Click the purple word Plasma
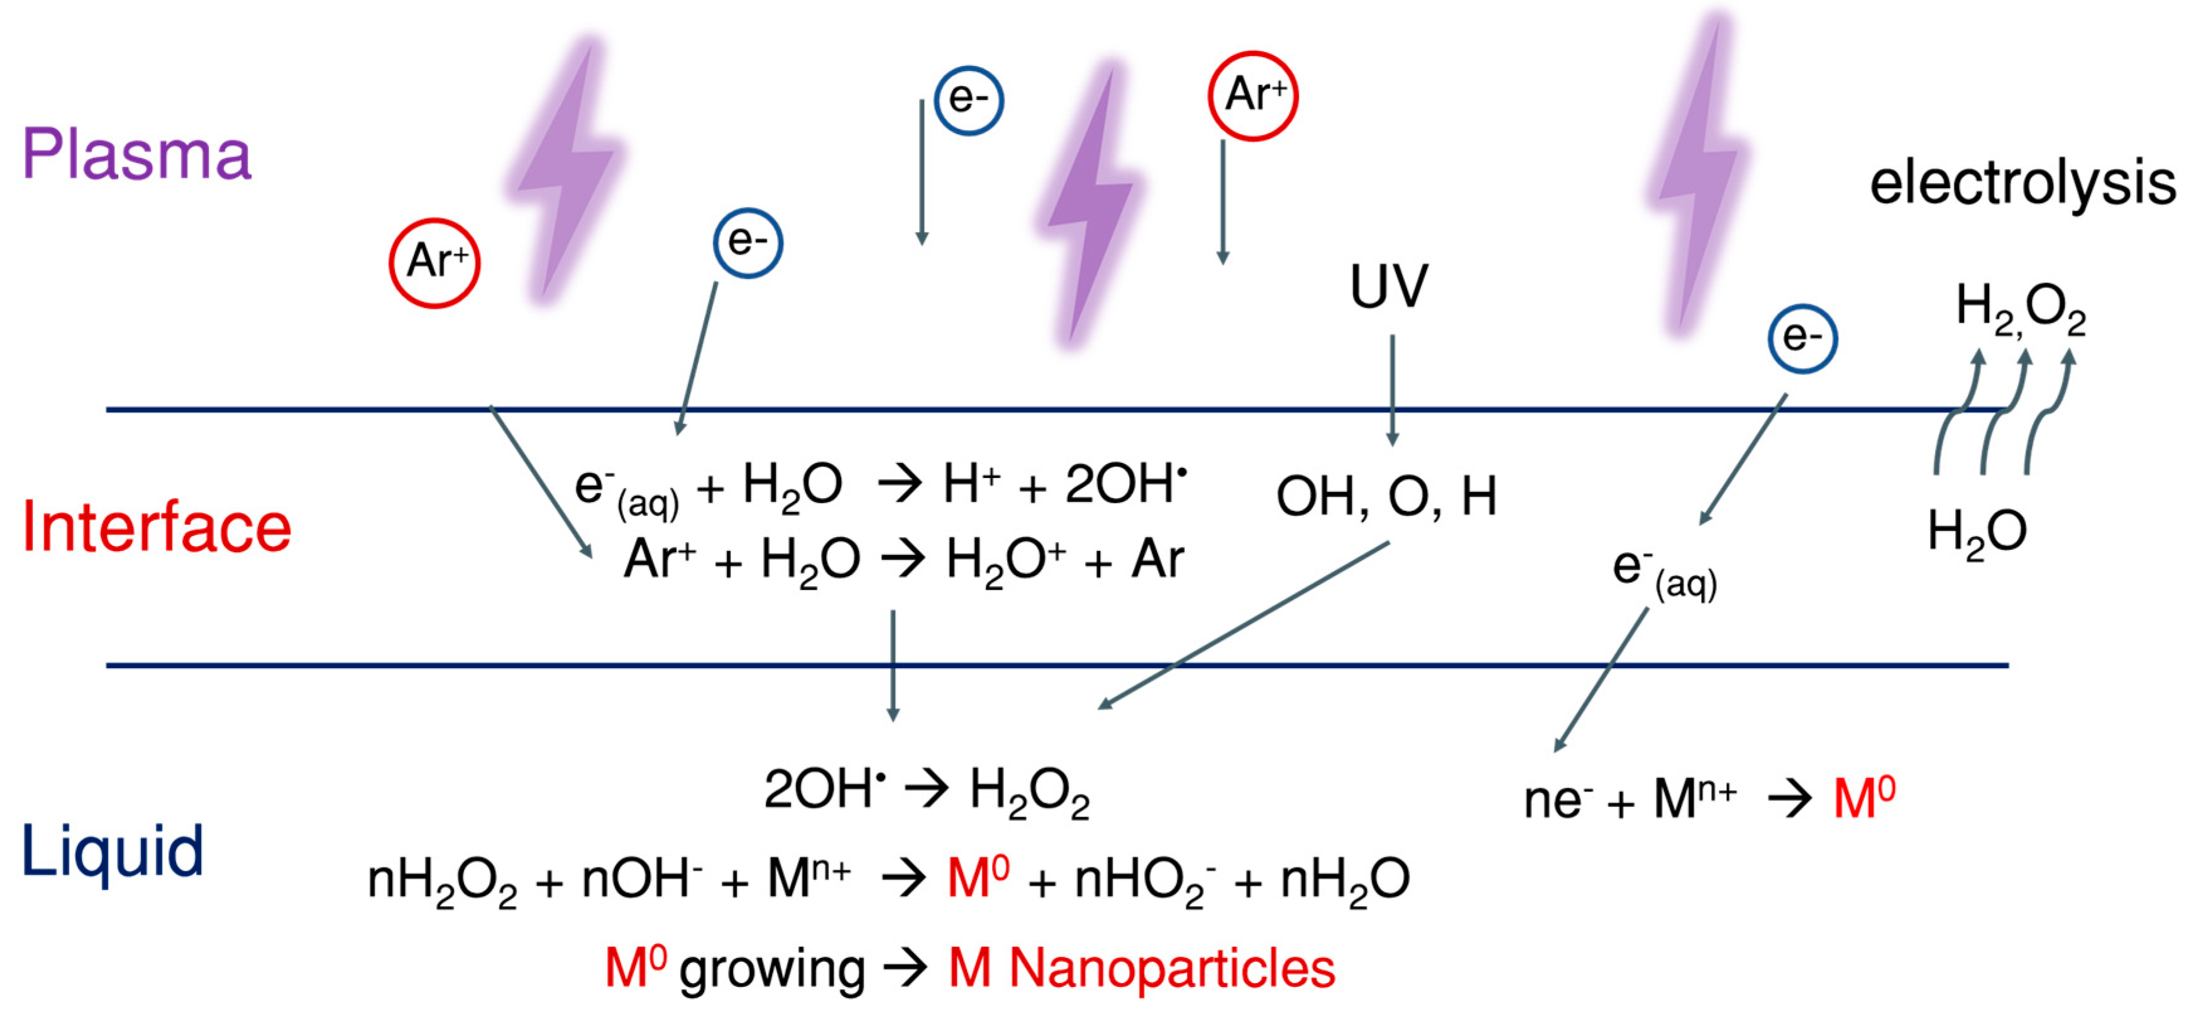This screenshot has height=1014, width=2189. point(137,155)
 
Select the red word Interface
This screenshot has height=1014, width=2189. point(157,528)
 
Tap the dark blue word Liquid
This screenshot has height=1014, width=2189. point(112,850)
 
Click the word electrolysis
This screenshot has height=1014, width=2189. point(2022,183)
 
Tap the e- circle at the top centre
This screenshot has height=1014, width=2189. point(969,100)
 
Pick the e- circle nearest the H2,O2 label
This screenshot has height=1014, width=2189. point(1802,338)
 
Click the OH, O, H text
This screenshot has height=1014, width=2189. point(1386,496)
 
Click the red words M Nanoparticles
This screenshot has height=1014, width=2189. point(1141,968)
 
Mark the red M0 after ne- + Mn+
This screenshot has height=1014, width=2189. point(1863,798)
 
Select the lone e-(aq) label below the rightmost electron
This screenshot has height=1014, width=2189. point(1664,574)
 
